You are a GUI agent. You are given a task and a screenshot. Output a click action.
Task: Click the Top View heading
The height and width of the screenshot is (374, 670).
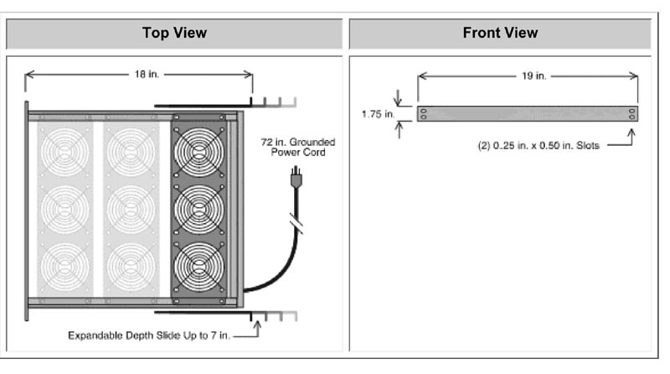coord(174,34)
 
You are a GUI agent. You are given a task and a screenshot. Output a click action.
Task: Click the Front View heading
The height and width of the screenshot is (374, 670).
coord(500,34)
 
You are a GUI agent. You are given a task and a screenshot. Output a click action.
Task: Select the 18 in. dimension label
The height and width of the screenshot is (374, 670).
coord(145,75)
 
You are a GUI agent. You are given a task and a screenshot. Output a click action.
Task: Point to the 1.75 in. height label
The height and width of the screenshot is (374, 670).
coord(377,114)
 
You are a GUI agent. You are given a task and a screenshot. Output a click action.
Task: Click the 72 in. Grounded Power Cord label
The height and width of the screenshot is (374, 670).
coord(293,149)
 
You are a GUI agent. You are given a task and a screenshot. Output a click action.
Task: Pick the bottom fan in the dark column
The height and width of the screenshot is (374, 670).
coord(198,267)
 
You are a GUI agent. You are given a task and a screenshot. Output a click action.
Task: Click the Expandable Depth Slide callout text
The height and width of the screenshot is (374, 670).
coord(150,335)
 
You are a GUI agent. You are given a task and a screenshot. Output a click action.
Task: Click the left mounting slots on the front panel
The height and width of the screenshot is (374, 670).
coord(424,114)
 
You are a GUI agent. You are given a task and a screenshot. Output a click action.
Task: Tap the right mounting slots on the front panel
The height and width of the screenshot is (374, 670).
coord(631,114)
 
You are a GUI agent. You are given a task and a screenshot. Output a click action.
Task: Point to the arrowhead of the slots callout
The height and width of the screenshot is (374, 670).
coord(630,132)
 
